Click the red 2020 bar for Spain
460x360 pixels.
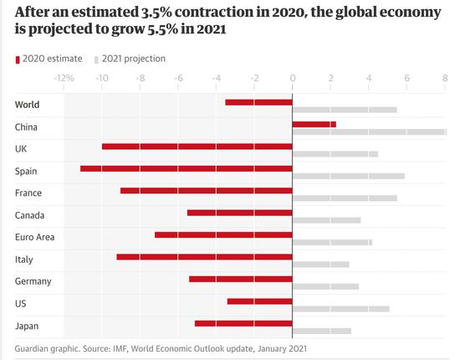(187, 168)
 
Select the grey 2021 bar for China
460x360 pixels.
(369, 131)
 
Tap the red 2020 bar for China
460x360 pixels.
(314, 124)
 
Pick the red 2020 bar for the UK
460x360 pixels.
(197, 147)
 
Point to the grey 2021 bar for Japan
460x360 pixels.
(321, 331)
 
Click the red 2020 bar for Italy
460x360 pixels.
(204, 256)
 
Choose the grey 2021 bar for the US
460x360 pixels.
(340, 308)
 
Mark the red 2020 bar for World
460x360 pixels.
(258, 102)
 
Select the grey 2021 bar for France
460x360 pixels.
(345, 198)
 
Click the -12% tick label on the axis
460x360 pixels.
(64, 78)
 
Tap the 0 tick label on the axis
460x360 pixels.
(292, 78)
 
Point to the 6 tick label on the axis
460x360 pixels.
(406, 78)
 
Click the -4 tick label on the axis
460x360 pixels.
(215, 78)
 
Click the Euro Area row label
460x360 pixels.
(34, 237)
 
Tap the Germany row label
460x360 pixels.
(33, 281)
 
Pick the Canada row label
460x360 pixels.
(30, 215)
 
